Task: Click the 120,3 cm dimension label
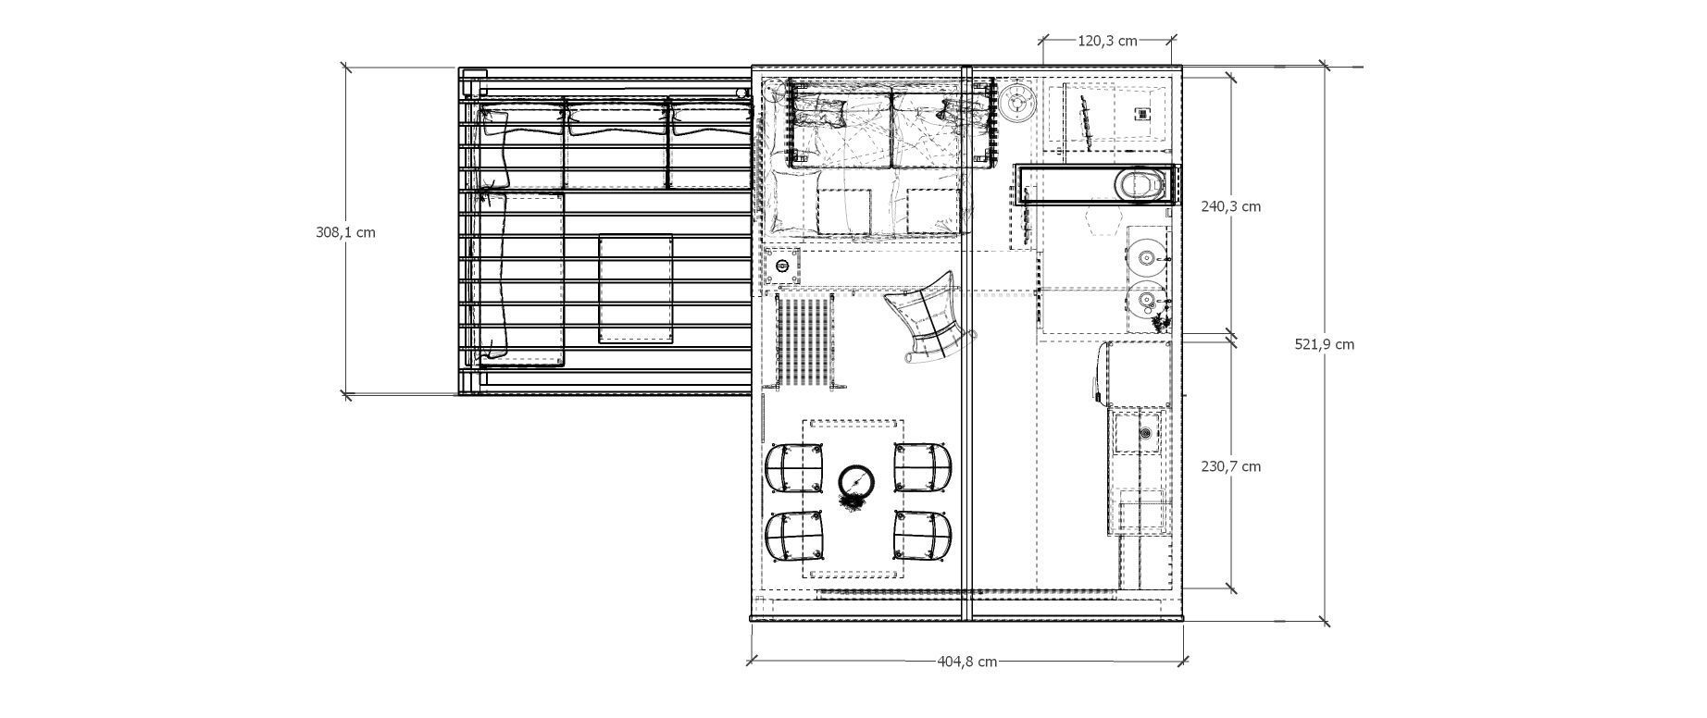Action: click(1107, 41)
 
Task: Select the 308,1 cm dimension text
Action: click(345, 233)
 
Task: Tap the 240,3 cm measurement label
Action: click(1230, 207)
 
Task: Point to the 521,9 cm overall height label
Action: click(1324, 344)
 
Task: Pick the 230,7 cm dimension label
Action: click(1230, 467)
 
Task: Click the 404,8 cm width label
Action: click(966, 662)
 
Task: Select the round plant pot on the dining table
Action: click(856, 482)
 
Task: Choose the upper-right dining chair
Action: click(922, 468)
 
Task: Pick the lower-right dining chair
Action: click(922, 536)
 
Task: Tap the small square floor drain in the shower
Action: click(1143, 113)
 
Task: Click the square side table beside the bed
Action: click(782, 267)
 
